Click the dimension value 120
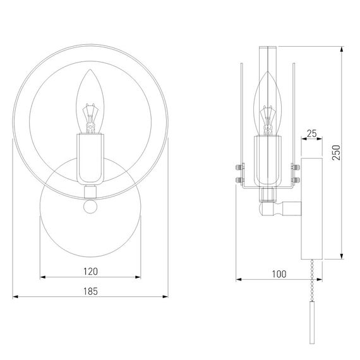point(90,272)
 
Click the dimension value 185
point(90,291)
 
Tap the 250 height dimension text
point(337,153)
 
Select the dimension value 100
point(279,274)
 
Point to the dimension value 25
point(312,133)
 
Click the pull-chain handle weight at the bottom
point(312,322)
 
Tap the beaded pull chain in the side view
point(312,280)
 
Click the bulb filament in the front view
point(90,119)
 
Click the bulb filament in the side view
point(268,120)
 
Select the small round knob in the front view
point(90,207)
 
